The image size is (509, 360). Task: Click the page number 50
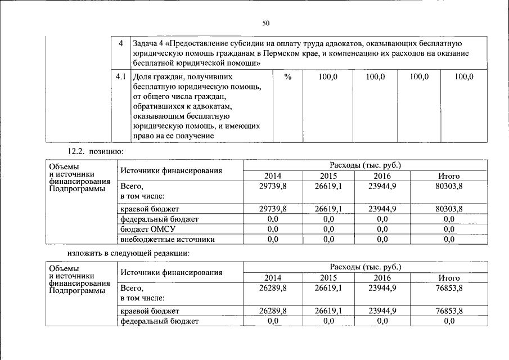pyautogui.click(x=266, y=22)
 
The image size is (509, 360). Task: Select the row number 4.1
pyautogui.click(x=120, y=76)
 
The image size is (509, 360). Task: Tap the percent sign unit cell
pyautogui.click(x=287, y=76)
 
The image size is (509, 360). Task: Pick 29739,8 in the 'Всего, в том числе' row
pyautogui.click(x=273, y=186)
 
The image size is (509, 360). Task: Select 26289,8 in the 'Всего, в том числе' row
pyautogui.click(x=273, y=287)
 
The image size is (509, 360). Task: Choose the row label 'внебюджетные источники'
pyautogui.click(x=160, y=239)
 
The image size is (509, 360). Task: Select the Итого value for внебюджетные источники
pyautogui.click(x=449, y=239)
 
